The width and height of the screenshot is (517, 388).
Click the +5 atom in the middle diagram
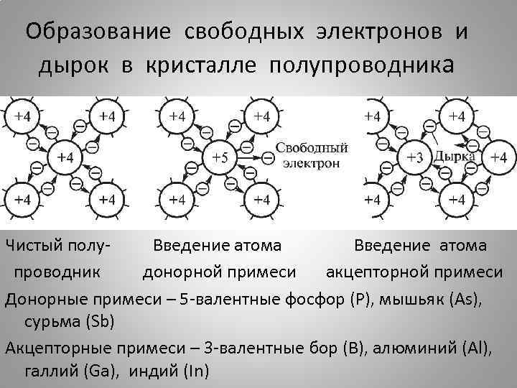pos(220,157)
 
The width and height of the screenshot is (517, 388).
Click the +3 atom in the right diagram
pos(414,157)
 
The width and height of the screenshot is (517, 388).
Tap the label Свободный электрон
pos(312,155)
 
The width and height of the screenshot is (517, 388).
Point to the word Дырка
pos(454,156)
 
